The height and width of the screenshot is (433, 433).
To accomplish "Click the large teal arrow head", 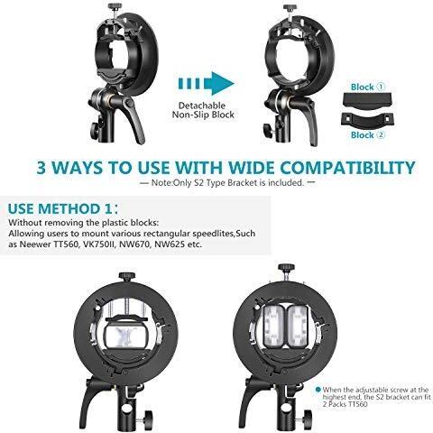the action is click(222, 84).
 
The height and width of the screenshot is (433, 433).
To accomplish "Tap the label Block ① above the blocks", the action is click(368, 87).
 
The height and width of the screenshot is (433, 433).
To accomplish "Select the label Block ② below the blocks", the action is click(368, 134).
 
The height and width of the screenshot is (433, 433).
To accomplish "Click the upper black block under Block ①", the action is click(367, 101).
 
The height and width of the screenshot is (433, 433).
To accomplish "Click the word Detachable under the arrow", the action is click(202, 106).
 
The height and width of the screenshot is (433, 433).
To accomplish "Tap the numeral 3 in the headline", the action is click(41, 168).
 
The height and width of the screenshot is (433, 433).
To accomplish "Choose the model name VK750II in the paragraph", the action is click(99, 244).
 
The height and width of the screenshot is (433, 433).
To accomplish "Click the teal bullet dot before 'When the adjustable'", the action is click(318, 390).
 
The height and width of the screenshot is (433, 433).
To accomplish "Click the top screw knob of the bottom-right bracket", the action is click(286, 267).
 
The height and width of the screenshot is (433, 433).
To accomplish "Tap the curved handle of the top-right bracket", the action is click(309, 120).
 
